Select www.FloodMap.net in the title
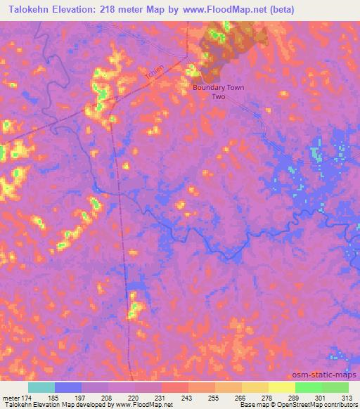pos(224,9)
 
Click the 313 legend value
pos(347,397)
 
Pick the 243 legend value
pos(188,397)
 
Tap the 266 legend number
pos(241,397)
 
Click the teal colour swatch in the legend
pos(41,387)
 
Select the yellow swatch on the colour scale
pos(281,387)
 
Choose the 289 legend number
pos(295,397)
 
